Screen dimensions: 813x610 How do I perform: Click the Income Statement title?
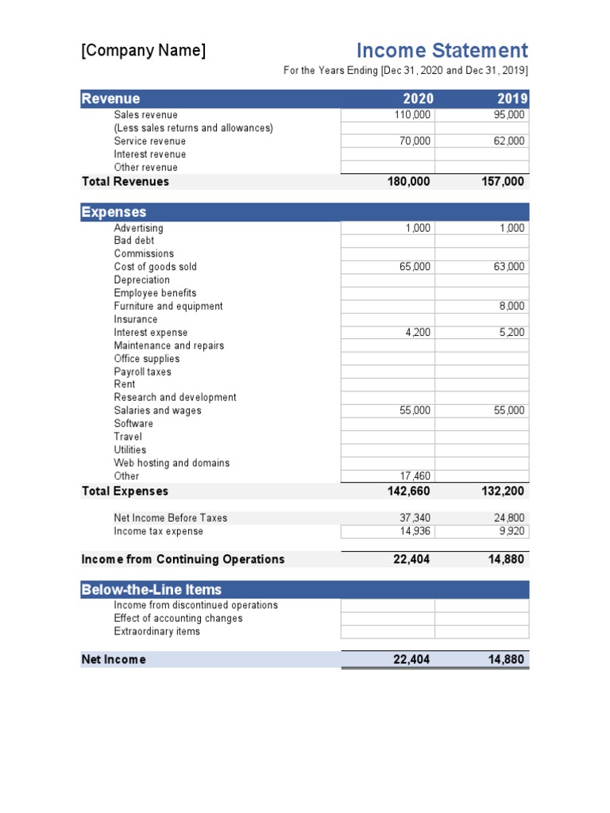(x=442, y=51)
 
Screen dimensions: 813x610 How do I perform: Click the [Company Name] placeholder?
(x=143, y=51)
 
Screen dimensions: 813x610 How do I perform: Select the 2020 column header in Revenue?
(x=419, y=99)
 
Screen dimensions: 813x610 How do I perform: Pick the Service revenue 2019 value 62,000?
(x=508, y=141)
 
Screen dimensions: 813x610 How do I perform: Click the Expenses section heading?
(x=114, y=212)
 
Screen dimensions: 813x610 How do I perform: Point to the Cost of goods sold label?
(x=155, y=267)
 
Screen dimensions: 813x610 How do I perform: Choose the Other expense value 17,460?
(x=415, y=476)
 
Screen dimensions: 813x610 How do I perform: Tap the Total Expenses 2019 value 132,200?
(x=503, y=491)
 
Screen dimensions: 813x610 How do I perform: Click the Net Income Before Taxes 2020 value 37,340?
(x=415, y=518)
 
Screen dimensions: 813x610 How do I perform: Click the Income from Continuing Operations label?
(x=183, y=560)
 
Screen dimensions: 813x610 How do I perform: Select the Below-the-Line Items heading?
(x=151, y=590)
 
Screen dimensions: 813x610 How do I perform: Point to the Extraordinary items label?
(x=156, y=632)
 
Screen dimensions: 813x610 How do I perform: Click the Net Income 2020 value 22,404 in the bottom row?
(x=411, y=660)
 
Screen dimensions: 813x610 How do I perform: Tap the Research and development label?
(x=175, y=398)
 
